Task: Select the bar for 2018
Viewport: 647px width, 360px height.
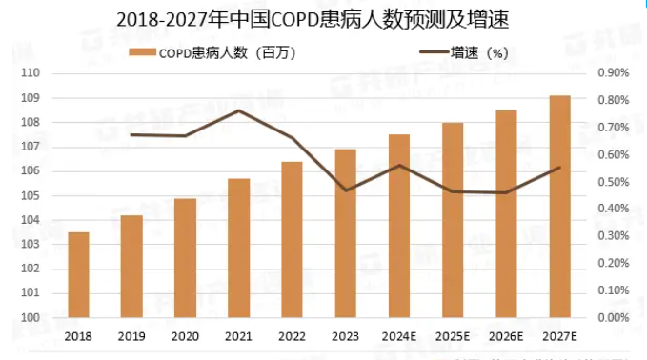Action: click(x=78, y=274)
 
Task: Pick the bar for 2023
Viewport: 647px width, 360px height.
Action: click(x=345, y=233)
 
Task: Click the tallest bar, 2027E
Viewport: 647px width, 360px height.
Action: click(x=559, y=207)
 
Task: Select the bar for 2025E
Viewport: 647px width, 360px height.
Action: click(x=453, y=220)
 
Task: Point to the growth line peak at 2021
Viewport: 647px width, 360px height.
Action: click(x=238, y=110)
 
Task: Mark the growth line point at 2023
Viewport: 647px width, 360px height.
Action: click(x=345, y=190)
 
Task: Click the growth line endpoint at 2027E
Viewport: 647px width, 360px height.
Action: click(x=559, y=168)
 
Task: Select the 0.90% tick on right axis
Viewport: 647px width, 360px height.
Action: click(x=614, y=73)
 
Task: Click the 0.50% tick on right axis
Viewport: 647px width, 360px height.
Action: click(x=614, y=182)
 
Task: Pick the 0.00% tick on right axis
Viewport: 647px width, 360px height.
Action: click(x=614, y=318)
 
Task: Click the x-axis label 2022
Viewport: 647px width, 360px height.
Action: click(x=292, y=335)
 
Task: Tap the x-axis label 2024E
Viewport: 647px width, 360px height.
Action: click(x=399, y=335)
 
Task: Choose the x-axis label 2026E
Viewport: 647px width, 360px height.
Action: click(x=506, y=335)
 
